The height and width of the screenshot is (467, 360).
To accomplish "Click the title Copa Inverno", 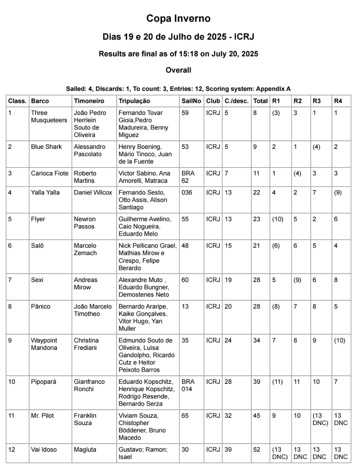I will click(178, 19).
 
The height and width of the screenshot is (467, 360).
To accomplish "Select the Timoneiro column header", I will click(89, 101).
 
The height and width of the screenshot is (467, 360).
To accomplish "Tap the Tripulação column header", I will click(134, 101).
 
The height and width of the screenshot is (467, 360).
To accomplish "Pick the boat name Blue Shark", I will click(46, 147).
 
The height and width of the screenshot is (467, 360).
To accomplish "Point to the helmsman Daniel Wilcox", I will click(93, 192).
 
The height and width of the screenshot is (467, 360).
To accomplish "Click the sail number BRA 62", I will click(188, 177).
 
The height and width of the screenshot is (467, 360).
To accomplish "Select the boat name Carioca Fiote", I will click(50, 173).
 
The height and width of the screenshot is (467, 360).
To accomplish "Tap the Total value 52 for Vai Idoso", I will click(257, 449).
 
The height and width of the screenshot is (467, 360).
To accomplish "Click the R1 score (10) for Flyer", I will click(278, 219).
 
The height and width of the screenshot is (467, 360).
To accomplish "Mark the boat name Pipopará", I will click(43, 382).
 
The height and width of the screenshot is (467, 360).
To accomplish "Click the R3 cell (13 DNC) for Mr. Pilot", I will click(320, 419).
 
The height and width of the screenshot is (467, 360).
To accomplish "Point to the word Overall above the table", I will click(178, 70).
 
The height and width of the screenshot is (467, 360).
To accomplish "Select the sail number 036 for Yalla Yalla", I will click(186, 192).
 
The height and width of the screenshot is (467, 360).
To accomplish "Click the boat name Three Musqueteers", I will click(49, 116).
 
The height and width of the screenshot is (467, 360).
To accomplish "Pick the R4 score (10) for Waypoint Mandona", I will click(339, 340).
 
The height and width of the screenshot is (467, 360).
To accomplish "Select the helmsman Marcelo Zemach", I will click(85, 249).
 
